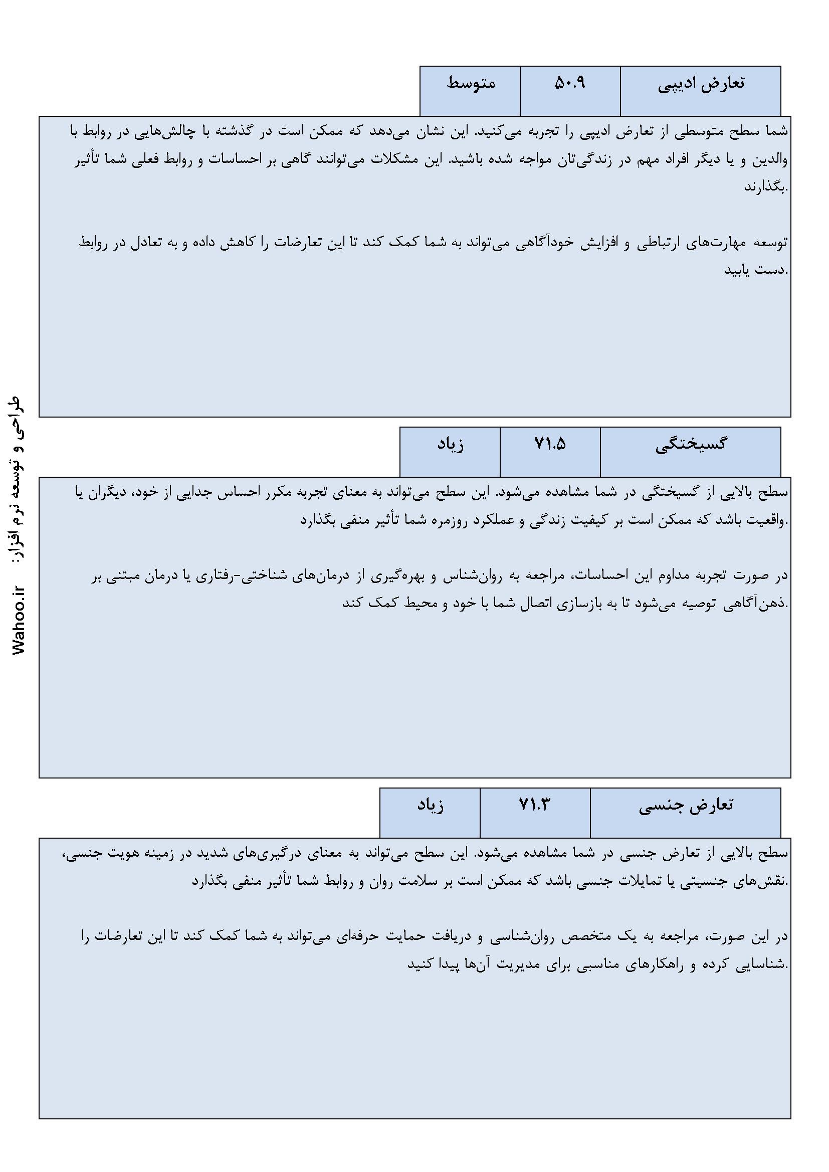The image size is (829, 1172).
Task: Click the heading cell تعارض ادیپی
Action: [700, 84]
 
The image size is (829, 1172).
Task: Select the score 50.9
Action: [570, 83]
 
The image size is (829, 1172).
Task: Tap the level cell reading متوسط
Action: [471, 83]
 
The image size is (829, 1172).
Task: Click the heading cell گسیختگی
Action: [691, 445]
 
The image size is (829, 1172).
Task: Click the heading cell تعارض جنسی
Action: [686, 806]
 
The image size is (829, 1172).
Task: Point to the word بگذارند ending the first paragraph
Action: [766, 187]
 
